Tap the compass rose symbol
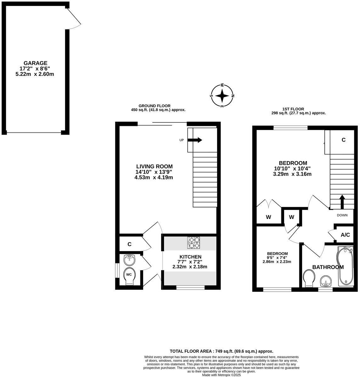pyautogui.click(x=222, y=96)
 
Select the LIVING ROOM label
pyautogui.click(x=154, y=166)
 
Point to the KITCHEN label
pyautogui.click(x=190, y=257)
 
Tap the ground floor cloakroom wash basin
pyautogui.click(x=129, y=260)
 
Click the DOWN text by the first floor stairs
pyautogui.click(x=342, y=215)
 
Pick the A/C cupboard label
pyautogui.click(x=345, y=235)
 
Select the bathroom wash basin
pyautogui.click(x=325, y=281)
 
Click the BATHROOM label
pyautogui.click(x=328, y=267)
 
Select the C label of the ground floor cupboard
pyautogui.click(x=129, y=244)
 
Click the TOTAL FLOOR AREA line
pyautogui.click(x=221, y=351)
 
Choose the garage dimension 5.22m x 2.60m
pyautogui.click(x=35, y=74)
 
